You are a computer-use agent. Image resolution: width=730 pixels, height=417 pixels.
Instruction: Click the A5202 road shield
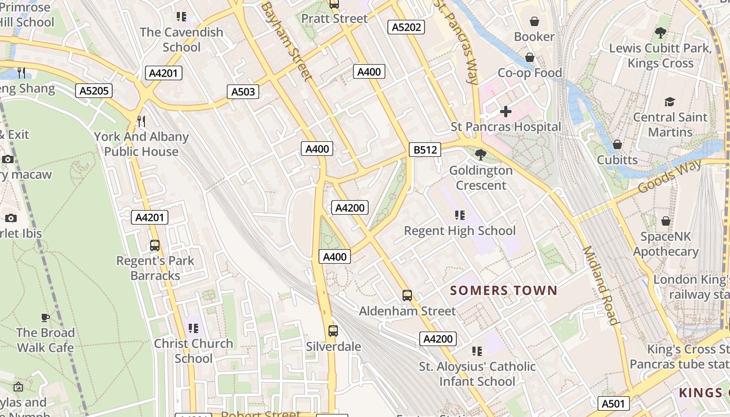[x=406, y=27]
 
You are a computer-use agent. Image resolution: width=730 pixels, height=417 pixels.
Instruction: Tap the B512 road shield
[x=425, y=150]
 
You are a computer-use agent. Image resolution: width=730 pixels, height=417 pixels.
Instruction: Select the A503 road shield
[x=243, y=92]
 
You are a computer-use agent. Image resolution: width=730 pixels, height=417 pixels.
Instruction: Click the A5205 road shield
[x=94, y=91]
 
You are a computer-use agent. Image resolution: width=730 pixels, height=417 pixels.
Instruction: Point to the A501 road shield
[x=613, y=403]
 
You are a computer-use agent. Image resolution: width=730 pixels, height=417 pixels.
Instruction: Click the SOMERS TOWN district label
[x=504, y=290]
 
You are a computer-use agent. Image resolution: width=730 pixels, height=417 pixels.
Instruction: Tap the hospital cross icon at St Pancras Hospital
[x=505, y=112]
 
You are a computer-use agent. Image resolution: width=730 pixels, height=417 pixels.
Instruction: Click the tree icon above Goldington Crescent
[x=481, y=155]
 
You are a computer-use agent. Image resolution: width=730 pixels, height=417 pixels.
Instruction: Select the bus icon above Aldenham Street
[x=407, y=296]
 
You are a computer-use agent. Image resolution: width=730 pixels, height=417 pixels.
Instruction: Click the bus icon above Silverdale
[x=333, y=330]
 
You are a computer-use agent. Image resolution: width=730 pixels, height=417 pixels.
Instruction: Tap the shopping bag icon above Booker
[x=534, y=21]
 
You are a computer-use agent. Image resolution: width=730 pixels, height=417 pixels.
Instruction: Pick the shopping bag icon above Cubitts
[x=617, y=144]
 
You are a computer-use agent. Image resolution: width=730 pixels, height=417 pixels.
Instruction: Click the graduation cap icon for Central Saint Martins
[x=670, y=102]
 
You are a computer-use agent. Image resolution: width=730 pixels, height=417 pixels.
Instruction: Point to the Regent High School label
[x=459, y=230]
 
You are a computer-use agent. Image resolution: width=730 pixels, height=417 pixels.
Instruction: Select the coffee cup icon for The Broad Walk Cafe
[x=45, y=317]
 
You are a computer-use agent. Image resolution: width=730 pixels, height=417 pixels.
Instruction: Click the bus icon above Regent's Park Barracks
[x=155, y=245]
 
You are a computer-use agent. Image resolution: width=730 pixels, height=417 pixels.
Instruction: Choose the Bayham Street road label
[x=287, y=41]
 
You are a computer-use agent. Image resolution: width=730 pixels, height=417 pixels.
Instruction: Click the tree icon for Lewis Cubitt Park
[x=661, y=33]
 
